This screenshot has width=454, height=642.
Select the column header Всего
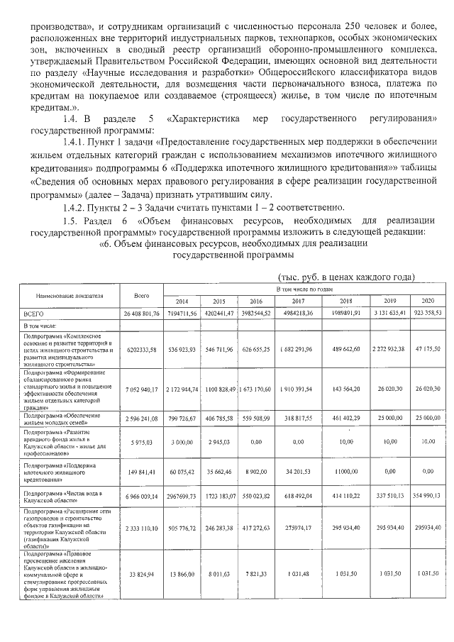click(x=140, y=295)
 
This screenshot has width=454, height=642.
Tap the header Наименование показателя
click(x=68, y=295)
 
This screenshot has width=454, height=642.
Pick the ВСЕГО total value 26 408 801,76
click(x=140, y=313)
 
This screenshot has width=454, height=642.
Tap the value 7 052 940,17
click(x=140, y=389)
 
